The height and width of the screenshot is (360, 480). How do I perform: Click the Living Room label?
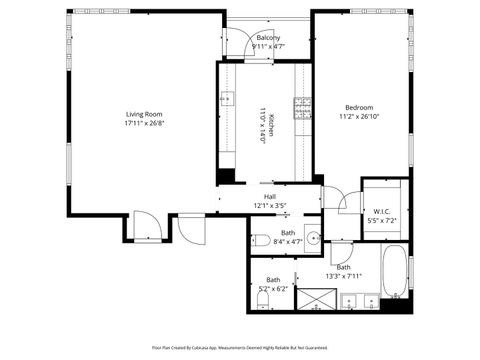[144, 114]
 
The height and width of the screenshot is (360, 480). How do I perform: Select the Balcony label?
[268, 38]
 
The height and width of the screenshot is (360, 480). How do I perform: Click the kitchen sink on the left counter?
[227, 99]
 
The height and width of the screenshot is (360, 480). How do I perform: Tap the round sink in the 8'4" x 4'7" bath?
[312, 238]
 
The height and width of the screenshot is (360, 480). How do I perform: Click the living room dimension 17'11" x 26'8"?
[144, 124]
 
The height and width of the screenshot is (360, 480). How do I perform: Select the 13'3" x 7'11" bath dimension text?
[343, 277]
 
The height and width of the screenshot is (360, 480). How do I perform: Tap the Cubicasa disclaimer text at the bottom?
[240, 347]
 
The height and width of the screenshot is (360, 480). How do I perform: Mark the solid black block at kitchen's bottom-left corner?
[227, 176]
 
